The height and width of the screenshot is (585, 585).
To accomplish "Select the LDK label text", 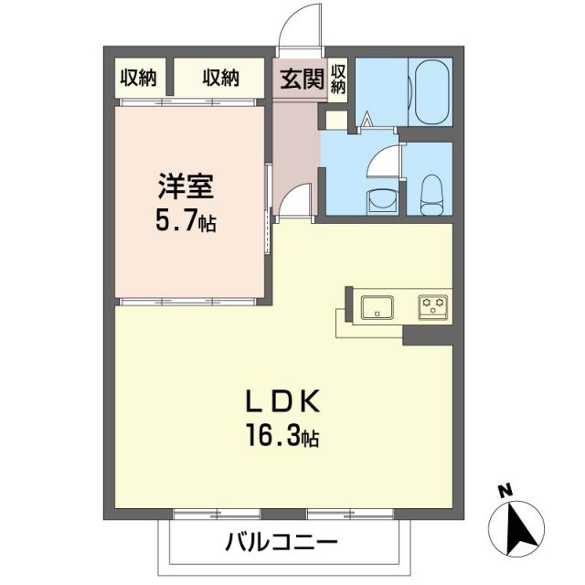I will pos(282,403).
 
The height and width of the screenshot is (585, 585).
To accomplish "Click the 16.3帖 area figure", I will pos(282,436).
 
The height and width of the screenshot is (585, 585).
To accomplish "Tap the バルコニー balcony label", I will pos(282,541).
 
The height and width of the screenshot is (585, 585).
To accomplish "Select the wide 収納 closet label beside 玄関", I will pos(221,79).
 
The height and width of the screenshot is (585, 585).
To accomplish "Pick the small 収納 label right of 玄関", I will pos(338,79).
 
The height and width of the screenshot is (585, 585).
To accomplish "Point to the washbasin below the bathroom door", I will pos(378,198).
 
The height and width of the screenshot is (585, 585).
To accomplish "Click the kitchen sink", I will pos(377,307).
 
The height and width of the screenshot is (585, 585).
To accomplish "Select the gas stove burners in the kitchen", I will pos(433,306).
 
